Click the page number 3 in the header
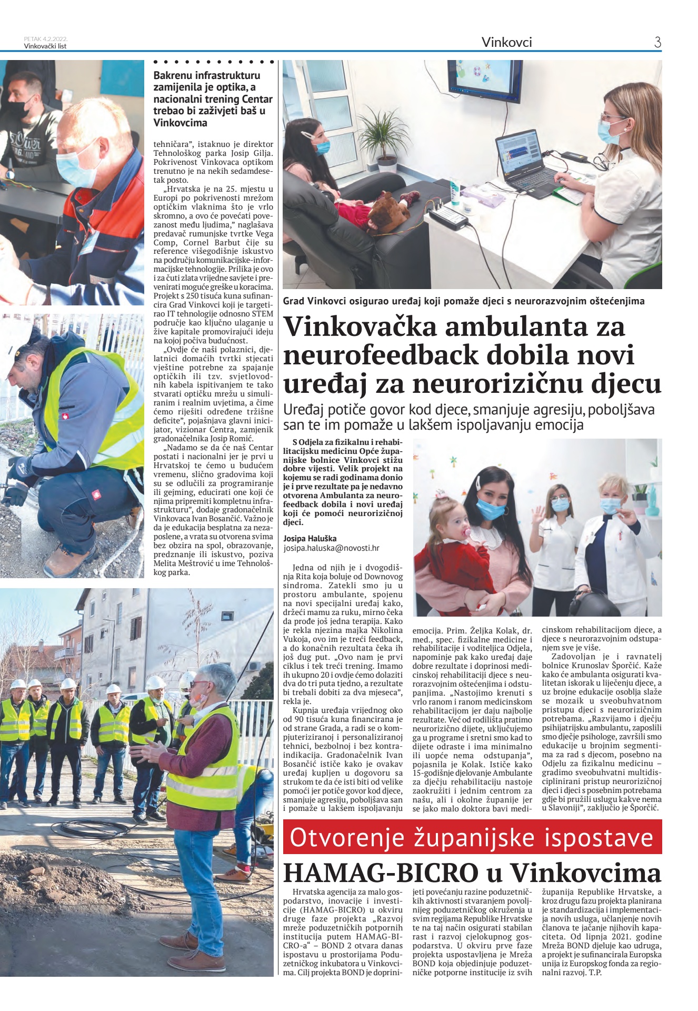pos(657,42)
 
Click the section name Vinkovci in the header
pos(506,42)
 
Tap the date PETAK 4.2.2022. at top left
pos(46,39)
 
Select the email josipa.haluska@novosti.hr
pos(331,548)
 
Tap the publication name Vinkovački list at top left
pos(45,46)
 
